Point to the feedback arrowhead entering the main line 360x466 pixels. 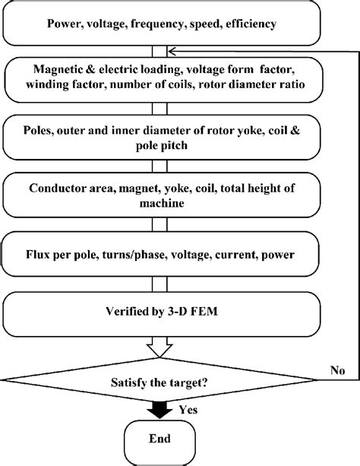(172, 50)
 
